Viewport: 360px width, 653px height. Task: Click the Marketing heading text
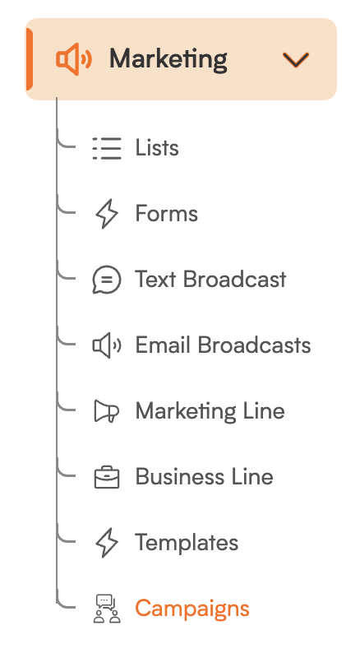[x=168, y=59]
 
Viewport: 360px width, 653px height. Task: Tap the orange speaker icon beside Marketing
[x=74, y=59]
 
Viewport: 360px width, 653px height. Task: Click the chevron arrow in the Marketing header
[x=296, y=59]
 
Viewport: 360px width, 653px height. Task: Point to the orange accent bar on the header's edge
[x=29, y=59]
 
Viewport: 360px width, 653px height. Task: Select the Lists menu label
[x=157, y=148]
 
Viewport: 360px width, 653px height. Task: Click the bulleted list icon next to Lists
[x=107, y=148]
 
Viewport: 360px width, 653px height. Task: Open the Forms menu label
[x=167, y=214]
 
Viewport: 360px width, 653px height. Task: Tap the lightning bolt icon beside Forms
[x=107, y=214]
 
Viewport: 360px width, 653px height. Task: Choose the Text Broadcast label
[x=210, y=279]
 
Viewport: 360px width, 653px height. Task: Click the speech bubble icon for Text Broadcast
[x=107, y=280]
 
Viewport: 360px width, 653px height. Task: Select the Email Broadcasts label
[x=223, y=345]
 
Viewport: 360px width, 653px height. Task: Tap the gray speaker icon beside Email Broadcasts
[x=107, y=345]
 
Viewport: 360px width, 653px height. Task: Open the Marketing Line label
[x=210, y=411]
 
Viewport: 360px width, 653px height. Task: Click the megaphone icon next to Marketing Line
[x=107, y=411]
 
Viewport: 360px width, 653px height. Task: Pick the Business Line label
[x=205, y=476]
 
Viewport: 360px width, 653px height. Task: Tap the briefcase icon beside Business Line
[x=107, y=477]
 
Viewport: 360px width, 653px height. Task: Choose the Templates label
[x=187, y=543]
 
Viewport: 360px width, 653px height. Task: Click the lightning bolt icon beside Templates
[x=107, y=543]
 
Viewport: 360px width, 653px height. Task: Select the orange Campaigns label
[x=192, y=609]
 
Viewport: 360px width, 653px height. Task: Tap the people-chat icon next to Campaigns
[x=107, y=609]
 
